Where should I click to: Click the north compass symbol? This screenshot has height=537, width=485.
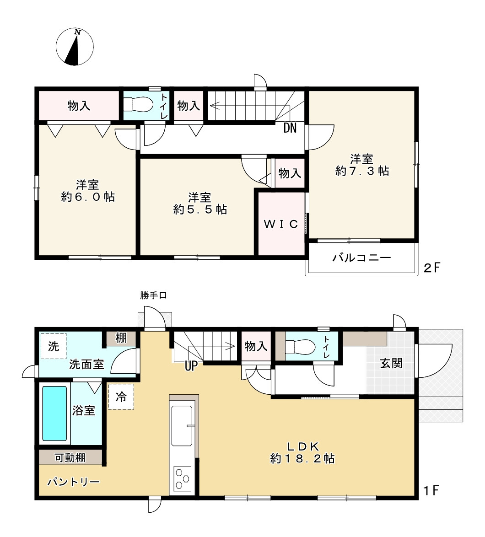(x=75, y=47)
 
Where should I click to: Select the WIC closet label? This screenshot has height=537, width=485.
(x=281, y=224)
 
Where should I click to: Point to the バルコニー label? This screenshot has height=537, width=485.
(x=361, y=258)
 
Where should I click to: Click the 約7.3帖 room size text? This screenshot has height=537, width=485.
(x=362, y=171)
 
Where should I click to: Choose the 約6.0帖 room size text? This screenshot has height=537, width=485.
(x=88, y=197)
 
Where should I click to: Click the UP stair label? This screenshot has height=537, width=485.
(x=191, y=366)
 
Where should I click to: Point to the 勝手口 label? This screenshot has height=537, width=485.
(x=153, y=295)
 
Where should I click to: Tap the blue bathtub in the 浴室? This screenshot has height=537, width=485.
(x=55, y=413)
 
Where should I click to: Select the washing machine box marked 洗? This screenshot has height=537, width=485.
(x=54, y=346)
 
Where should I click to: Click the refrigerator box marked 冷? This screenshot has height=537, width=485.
(x=121, y=397)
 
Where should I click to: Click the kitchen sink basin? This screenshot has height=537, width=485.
(x=183, y=425)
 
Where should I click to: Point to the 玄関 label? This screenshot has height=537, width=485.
(x=391, y=364)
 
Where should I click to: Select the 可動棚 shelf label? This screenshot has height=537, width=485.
(x=70, y=457)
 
